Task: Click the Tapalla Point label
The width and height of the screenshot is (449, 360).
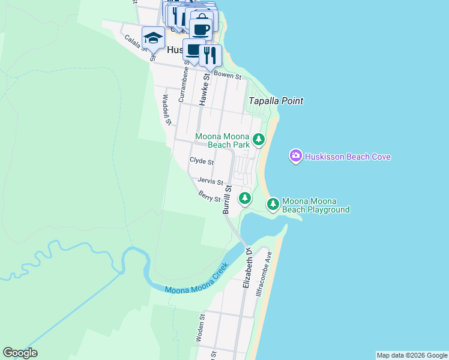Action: pos(276,101)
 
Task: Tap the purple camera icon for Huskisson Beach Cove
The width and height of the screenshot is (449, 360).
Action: pos(295,157)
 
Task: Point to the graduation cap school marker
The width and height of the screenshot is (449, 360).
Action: pos(153,38)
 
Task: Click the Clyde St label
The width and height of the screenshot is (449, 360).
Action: pos(201,161)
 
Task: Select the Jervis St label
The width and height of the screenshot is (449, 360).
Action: pos(210,181)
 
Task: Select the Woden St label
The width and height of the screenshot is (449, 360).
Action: pos(201,328)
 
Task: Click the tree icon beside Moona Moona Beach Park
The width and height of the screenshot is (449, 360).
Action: pos(259,140)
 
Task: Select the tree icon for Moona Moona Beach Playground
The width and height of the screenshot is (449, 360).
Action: pos(273,204)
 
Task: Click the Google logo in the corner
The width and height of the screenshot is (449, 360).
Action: pos(20,353)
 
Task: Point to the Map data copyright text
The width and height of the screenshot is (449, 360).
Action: pos(411,355)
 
